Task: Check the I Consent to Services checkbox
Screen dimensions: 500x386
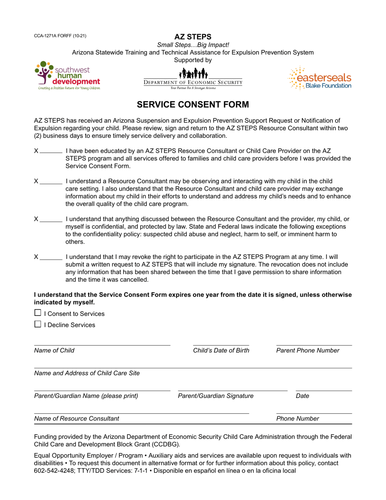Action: pos(38,313)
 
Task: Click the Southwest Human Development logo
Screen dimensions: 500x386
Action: pos(67,76)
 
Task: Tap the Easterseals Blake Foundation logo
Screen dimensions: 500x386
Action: pos(319,78)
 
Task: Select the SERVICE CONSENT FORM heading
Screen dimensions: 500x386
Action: pos(193,104)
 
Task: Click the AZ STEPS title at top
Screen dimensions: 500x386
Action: pos(193,37)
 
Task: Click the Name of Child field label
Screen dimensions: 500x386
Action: pos(54,351)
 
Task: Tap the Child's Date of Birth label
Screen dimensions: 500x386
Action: pos(221,351)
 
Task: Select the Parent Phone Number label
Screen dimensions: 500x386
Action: pos(308,351)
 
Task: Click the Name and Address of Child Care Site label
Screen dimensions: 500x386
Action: pos(87,373)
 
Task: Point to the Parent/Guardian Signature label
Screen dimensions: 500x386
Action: pos(216,396)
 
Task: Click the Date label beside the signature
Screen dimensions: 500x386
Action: pos(302,396)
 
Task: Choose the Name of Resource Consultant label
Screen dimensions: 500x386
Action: pos(76,419)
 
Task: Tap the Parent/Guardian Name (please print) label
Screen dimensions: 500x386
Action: pos(86,396)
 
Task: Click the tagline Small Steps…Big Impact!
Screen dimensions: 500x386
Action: pos(193,45)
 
